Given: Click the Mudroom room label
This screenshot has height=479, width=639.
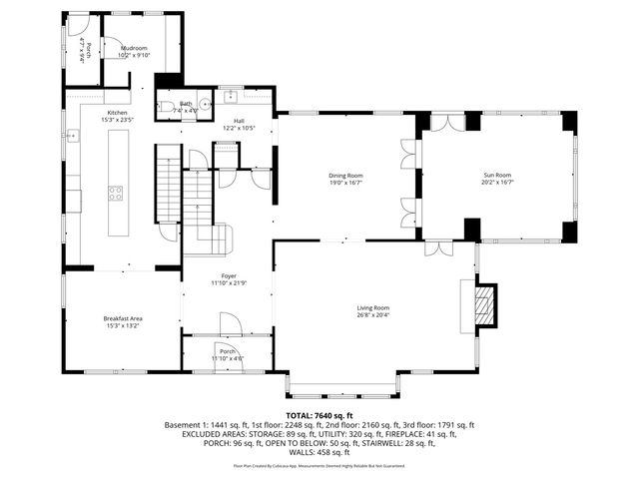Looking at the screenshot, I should [x=134, y=48].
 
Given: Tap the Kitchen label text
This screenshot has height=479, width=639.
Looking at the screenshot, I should [x=118, y=113].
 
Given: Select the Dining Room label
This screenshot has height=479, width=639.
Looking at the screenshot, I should [x=345, y=177].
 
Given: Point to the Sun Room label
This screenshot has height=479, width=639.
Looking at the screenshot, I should [x=496, y=177].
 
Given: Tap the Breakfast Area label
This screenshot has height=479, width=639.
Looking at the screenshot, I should [x=123, y=318].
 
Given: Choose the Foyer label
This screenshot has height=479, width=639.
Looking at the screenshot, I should [x=228, y=275].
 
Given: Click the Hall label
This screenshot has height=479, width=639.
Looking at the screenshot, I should [x=239, y=121].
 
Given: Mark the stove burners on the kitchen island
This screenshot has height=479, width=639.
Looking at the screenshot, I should [x=116, y=193].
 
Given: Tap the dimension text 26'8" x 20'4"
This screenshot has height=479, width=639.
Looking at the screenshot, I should [x=372, y=316].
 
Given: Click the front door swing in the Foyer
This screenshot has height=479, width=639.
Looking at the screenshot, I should [x=229, y=324].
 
